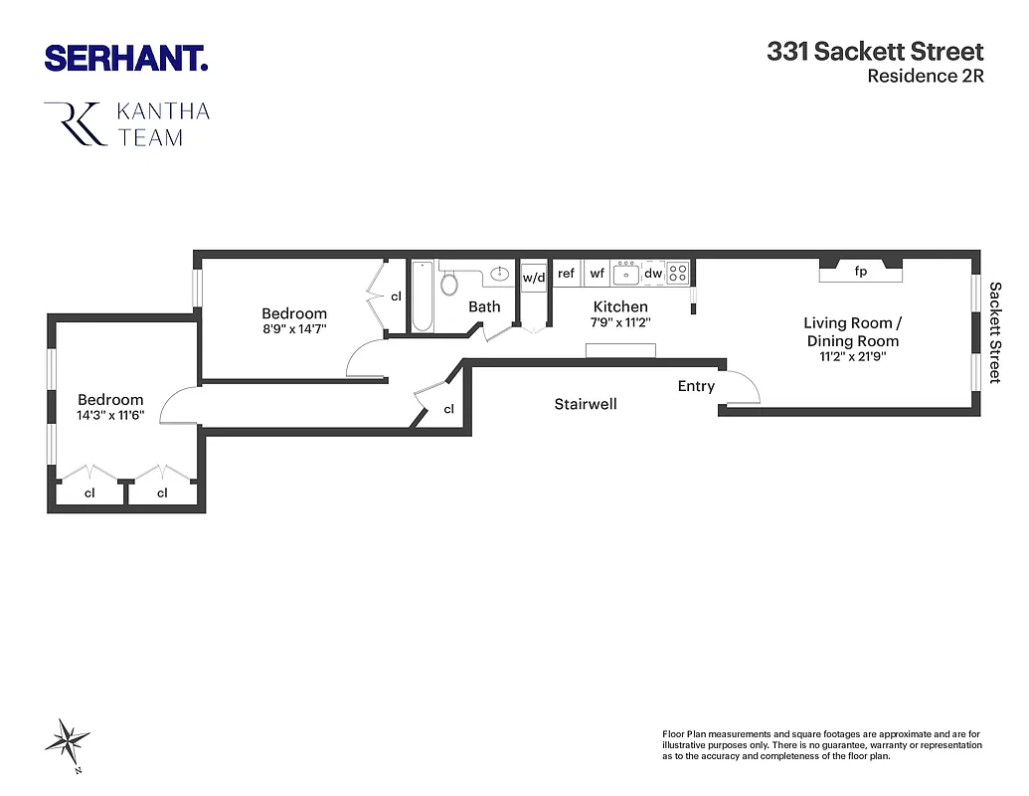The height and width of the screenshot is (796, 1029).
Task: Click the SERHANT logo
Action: tap(125, 58)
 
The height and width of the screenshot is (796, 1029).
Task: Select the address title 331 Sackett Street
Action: tap(875, 52)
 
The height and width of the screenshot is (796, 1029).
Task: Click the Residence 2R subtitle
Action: tap(925, 77)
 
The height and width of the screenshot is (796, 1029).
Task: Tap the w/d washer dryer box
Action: tap(534, 277)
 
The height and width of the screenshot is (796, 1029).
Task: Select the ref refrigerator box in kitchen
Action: tap(566, 273)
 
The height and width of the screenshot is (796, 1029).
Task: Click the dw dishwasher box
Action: tap(653, 273)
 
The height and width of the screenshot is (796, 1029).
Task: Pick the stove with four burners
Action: tap(678, 272)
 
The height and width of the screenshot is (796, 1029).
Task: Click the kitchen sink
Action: tap(625, 273)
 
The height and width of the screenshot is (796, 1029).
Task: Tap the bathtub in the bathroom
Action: tap(422, 296)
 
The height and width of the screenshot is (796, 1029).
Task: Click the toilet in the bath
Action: tap(449, 283)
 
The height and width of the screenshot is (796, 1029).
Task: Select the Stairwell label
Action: tap(586, 404)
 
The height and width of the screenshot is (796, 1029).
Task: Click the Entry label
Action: tap(696, 386)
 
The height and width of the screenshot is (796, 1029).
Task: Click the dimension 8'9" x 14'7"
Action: tap(293, 327)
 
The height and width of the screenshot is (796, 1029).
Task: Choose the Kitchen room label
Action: tap(620, 306)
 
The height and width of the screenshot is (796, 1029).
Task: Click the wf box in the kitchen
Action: tap(597, 273)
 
